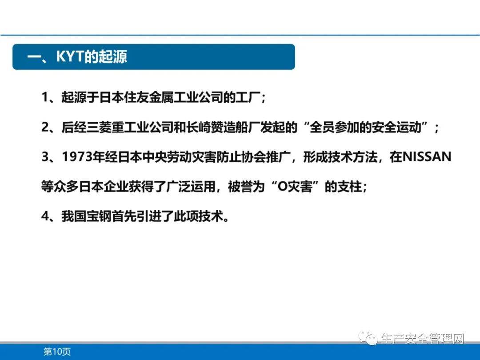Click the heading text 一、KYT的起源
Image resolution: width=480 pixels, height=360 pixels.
click(77, 57)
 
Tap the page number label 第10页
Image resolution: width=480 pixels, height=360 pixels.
click(57, 352)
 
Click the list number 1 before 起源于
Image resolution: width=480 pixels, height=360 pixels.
click(45, 98)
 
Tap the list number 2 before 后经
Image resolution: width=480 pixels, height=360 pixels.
click(45, 128)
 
